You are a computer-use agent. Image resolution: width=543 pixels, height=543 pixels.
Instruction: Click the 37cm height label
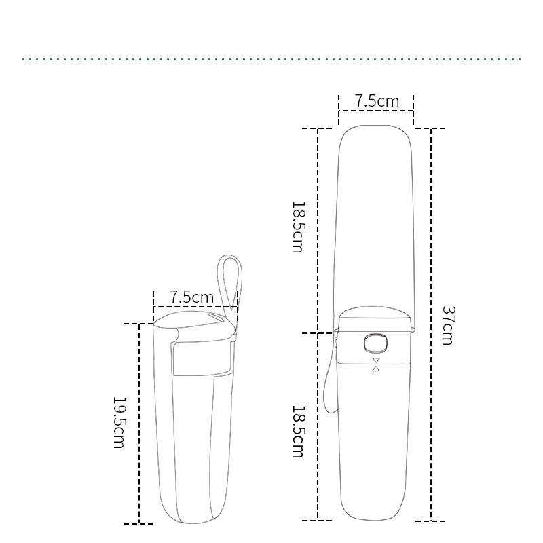click(x=447, y=325)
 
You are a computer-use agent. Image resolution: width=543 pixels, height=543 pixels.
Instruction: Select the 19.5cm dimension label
click(x=118, y=422)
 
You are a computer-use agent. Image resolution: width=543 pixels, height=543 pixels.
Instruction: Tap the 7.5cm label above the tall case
click(x=377, y=101)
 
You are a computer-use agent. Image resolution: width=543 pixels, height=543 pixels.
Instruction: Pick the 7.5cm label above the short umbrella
click(x=191, y=297)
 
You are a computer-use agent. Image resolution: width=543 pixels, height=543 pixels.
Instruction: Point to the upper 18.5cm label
click(x=297, y=227)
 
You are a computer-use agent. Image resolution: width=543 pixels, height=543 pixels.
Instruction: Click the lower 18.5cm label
click(x=297, y=432)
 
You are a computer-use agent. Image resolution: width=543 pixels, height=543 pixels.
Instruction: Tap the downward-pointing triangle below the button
click(x=375, y=360)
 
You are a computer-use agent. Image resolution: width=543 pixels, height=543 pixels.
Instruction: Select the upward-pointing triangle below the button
click(x=375, y=369)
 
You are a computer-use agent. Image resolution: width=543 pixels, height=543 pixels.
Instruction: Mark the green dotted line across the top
click(x=271, y=59)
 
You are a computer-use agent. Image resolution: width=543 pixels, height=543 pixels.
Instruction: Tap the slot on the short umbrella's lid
click(x=217, y=318)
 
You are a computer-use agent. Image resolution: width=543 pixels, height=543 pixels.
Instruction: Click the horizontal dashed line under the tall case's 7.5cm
click(x=376, y=111)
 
